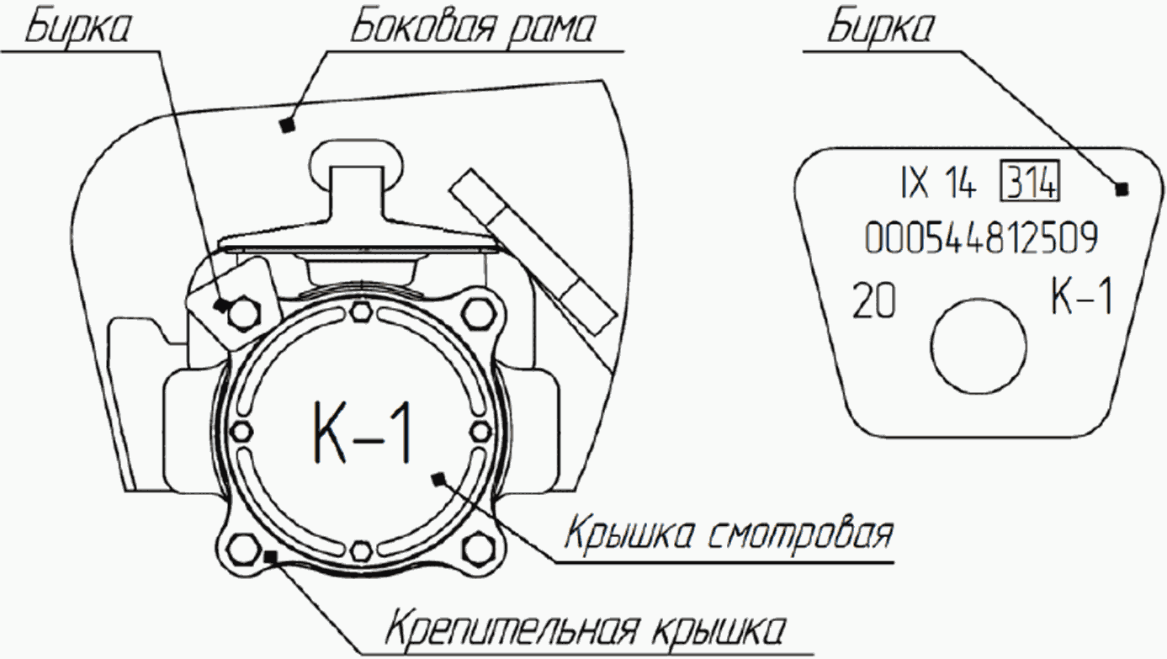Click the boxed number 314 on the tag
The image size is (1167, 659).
(1029, 184)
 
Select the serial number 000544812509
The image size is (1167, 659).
(980, 240)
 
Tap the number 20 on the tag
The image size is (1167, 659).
(873, 301)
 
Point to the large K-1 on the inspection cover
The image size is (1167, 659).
(363, 432)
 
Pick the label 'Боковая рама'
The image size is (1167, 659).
(472, 29)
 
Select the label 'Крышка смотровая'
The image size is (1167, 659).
(729, 533)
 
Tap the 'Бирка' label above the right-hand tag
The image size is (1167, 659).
(880, 29)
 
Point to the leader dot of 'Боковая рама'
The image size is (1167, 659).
(287, 125)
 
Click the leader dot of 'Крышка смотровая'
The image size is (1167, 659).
(437, 478)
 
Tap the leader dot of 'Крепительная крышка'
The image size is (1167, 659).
(270, 555)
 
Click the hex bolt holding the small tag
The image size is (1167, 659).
(244, 312)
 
